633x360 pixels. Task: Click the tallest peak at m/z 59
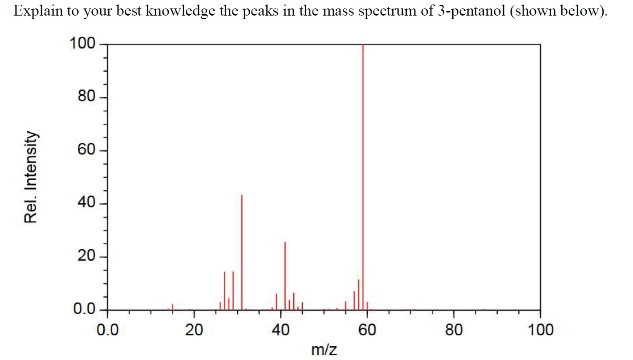tap(363, 178)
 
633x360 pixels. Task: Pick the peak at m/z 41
tap(285, 276)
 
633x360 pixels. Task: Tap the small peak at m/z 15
tap(172, 307)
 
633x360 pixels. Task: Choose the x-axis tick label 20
tap(194, 330)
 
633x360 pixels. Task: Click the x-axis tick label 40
tap(280, 330)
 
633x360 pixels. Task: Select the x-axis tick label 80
tap(454, 330)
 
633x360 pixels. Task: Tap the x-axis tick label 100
tap(540, 330)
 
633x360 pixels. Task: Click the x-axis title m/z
tap(324, 350)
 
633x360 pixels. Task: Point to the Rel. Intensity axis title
tap(30, 177)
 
